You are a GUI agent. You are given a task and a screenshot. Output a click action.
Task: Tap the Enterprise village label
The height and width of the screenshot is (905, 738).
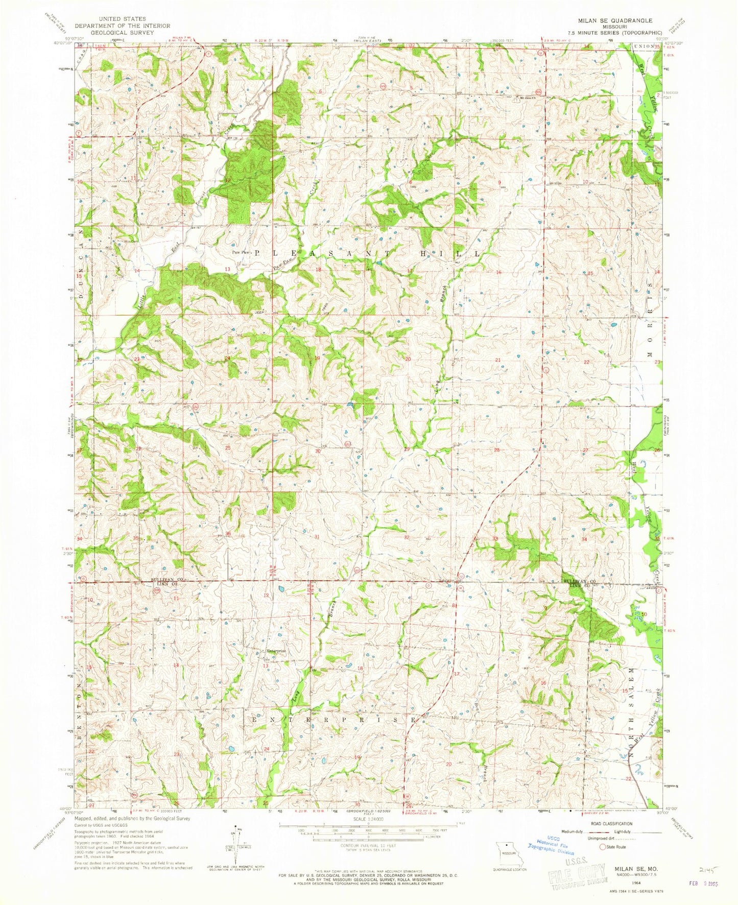(x=275, y=651)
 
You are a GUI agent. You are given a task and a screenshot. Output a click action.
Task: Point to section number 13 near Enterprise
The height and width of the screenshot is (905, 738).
(x=265, y=665)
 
